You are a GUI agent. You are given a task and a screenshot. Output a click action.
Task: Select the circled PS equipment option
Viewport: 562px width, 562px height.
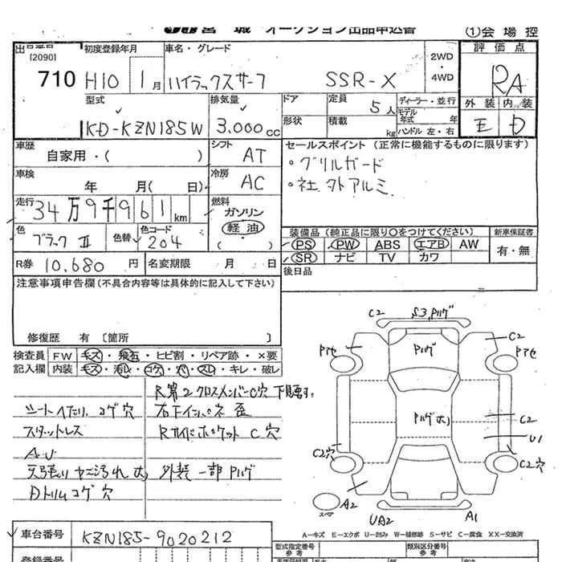pyautogui.click(x=303, y=244)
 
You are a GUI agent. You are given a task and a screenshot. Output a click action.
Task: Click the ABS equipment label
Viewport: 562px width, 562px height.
pyautogui.click(x=387, y=244)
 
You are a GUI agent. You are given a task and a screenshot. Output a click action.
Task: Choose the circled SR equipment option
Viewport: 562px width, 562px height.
pyautogui.click(x=303, y=257)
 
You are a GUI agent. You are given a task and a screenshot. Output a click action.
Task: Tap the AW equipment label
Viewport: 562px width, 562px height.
pyautogui.click(x=469, y=244)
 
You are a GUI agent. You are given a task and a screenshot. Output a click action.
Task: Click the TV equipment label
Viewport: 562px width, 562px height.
pyautogui.click(x=387, y=257)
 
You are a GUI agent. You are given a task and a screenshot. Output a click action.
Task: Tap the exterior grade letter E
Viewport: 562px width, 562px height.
pyautogui.click(x=480, y=126)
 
